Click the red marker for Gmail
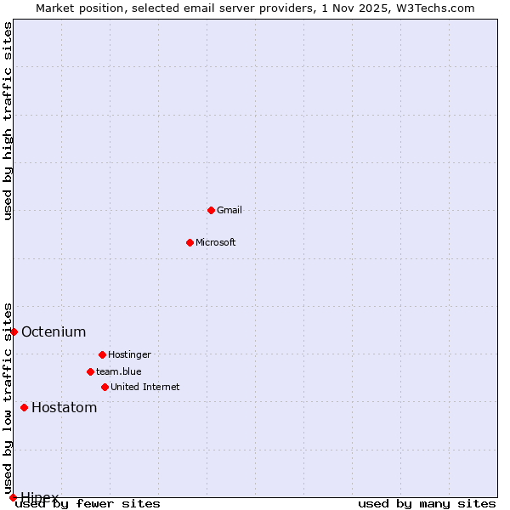211,210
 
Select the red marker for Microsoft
190,242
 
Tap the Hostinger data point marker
102,354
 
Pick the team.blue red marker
90,371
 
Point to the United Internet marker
105,387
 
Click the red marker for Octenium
14,331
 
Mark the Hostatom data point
24,407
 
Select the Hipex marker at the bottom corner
13,497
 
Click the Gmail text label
229,210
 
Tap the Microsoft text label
216,242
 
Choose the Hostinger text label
129,354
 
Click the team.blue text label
119,371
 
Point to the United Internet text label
144,387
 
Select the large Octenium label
54,331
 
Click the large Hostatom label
64,407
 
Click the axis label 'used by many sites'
427,503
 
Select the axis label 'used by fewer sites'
89,503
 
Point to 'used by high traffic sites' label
8,121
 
